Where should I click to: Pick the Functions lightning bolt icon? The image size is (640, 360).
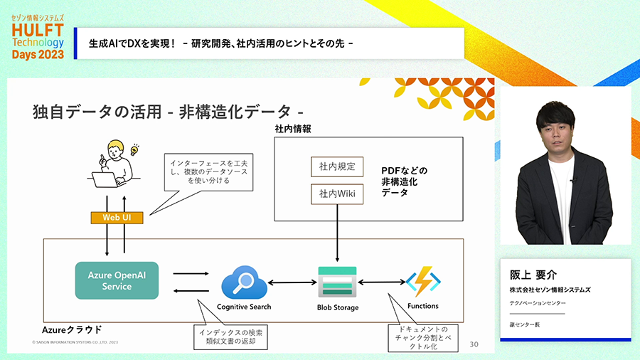point(423,282)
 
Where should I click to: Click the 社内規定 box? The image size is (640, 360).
point(337,167)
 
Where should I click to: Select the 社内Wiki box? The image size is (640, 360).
point(337,192)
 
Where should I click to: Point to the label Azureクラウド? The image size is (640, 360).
point(72,329)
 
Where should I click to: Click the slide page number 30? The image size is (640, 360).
point(475,344)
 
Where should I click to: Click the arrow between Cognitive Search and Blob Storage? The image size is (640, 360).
point(292,282)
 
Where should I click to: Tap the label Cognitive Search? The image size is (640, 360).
point(244,307)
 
